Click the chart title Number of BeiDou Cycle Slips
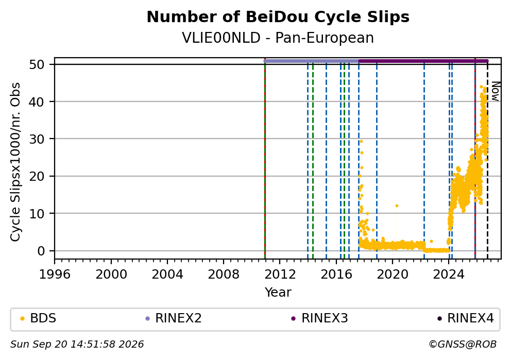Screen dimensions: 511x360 pos(278,17)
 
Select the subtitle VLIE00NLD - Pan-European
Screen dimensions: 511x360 pos(278,38)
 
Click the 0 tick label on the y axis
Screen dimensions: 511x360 pos(41,251)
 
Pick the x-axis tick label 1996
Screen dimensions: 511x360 pos(55,275)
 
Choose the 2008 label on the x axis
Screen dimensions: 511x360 pos(224,275)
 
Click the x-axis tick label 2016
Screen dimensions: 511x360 pos(336,275)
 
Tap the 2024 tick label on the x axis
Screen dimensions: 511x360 pos(449,275)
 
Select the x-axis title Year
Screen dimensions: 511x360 pos(278,292)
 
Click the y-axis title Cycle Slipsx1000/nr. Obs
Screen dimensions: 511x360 pos(15,162)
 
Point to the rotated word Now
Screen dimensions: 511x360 pos(495,91)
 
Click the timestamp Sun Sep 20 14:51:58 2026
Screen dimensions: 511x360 pos(77,345)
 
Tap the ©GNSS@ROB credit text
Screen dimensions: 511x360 pos(463,345)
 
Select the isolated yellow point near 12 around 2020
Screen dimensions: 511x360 pos(397,206)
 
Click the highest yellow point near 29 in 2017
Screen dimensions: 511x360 pos(361,142)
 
